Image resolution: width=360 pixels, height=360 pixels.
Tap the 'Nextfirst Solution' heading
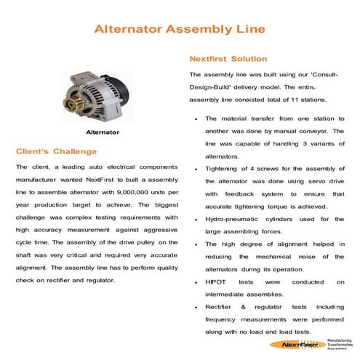228,58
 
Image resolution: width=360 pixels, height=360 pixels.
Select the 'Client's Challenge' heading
56,151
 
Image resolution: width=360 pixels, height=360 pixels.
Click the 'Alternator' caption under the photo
103,133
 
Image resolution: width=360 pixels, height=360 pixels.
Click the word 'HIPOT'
217,281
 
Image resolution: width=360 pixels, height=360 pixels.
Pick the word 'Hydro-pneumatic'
232,217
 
